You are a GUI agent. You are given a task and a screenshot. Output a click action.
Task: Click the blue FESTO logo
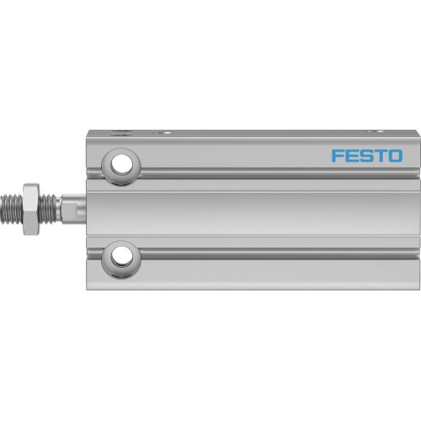coord(367,156)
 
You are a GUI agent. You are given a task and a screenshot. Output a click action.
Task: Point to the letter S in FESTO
coord(365,156)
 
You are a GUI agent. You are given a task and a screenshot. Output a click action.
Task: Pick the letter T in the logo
coord(379,156)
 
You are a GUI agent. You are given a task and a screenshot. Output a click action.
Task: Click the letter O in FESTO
coord(394,156)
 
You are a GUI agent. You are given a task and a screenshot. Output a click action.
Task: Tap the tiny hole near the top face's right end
coord(371,131)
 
